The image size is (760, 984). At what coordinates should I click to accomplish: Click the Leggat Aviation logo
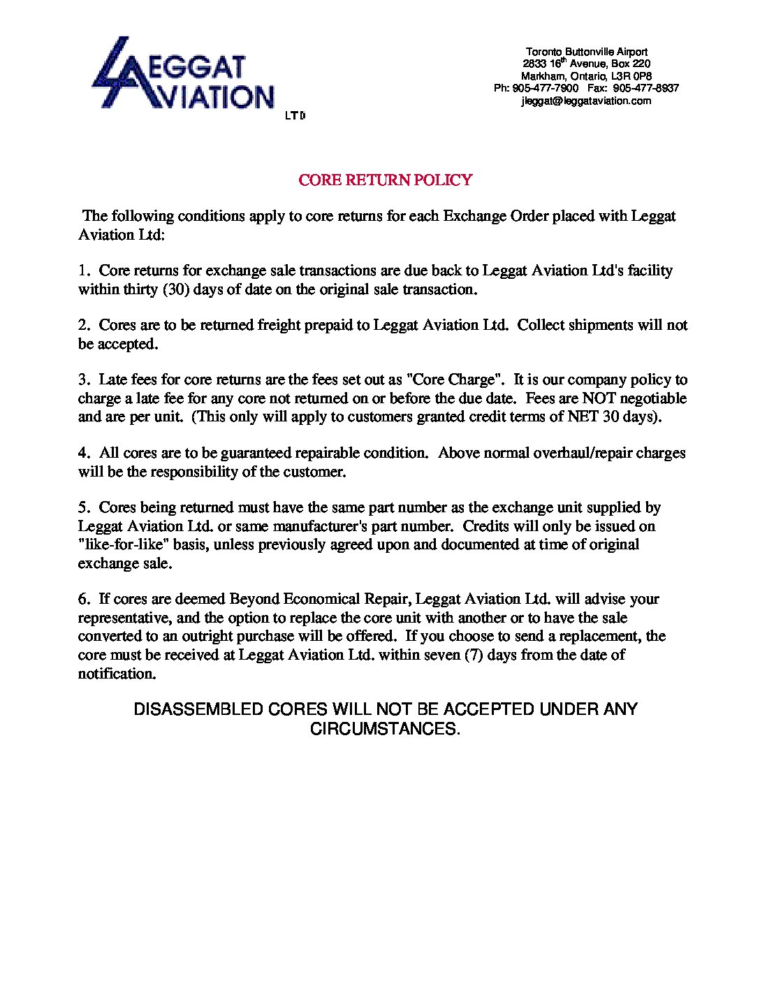click(x=183, y=76)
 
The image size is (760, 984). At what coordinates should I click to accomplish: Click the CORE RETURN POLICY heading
click(x=385, y=180)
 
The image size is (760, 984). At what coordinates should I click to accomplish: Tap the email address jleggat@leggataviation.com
click(x=586, y=101)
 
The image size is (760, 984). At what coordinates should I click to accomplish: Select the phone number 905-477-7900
click(x=546, y=89)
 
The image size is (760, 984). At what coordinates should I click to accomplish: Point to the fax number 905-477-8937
click(x=646, y=89)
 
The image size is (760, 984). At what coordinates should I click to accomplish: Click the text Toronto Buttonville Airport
click(x=586, y=52)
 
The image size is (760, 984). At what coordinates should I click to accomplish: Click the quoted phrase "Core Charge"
click(x=455, y=380)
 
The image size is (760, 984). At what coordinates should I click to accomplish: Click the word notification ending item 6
click(x=115, y=674)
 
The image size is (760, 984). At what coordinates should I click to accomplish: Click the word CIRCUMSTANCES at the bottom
click(x=384, y=729)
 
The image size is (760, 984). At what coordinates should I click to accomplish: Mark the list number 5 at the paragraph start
click(x=82, y=507)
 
